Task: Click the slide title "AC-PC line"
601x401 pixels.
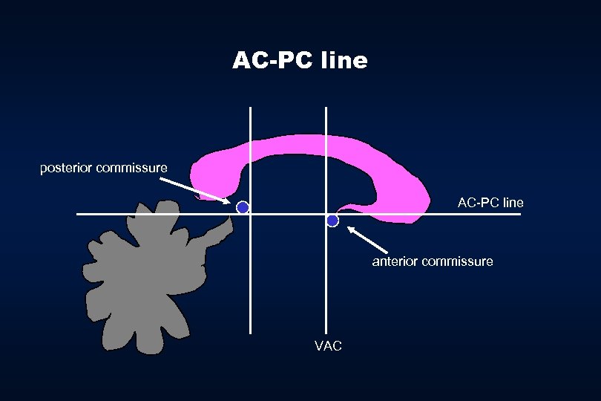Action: tap(300, 60)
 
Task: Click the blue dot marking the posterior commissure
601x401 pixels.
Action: tap(242, 208)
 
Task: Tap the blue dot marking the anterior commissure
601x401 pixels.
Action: tap(332, 221)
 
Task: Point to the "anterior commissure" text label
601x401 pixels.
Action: tap(433, 261)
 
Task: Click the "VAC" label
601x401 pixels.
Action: tap(328, 346)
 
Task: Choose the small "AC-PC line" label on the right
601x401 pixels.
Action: tap(490, 203)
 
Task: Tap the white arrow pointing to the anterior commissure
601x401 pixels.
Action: tap(375, 241)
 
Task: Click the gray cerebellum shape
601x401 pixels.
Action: tap(141, 282)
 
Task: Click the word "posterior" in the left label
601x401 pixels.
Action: tap(66, 169)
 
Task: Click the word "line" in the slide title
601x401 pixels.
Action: tap(344, 60)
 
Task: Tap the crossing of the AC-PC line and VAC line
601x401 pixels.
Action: tap(326, 215)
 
